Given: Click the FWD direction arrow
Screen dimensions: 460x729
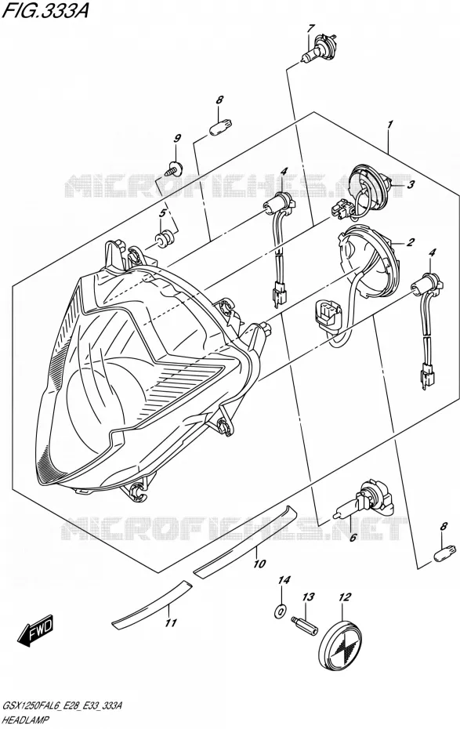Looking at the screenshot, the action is [x=37, y=630].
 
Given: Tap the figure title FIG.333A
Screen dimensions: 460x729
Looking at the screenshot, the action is [x=45, y=11].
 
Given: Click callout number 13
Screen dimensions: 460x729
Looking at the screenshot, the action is [x=309, y=597].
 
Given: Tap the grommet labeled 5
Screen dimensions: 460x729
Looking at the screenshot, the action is [x=164, y=239].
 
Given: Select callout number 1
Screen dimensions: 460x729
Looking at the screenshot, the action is [x=390, y=124].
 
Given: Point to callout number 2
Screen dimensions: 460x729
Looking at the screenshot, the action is [x=410, y=241].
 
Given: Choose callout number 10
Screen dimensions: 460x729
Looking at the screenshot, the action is [x=259, y=564].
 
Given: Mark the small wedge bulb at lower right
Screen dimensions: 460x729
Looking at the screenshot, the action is [x=443, y=553].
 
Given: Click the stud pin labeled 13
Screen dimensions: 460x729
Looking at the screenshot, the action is [x=304, y=626].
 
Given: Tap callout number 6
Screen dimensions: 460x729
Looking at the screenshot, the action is [x=353, y=538].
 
